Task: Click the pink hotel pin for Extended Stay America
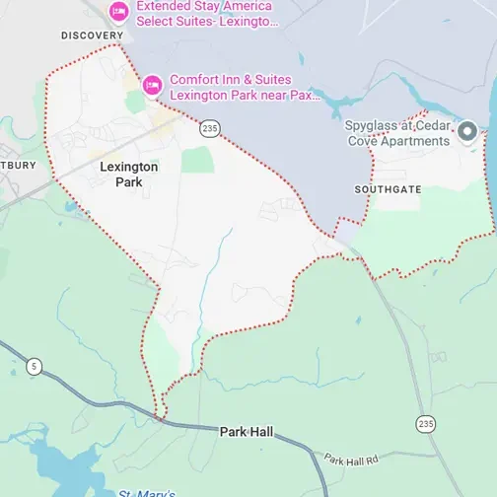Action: pos(118,12)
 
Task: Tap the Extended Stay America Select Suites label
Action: pos(207,12)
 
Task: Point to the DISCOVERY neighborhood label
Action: pos(92,35)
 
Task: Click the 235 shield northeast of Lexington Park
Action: pos(208,128)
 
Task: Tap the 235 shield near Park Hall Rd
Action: pos(425,423)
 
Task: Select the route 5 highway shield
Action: pos(35,367)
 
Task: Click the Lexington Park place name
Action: pos(128,175)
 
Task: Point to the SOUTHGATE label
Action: pos(388,188)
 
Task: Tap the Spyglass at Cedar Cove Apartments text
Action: pos(396,133)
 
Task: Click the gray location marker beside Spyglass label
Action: pos(469,131)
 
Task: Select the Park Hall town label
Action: pos(248,432)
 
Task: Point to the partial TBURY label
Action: pos(17,165)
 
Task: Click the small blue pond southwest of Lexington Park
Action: pos(73,206)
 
